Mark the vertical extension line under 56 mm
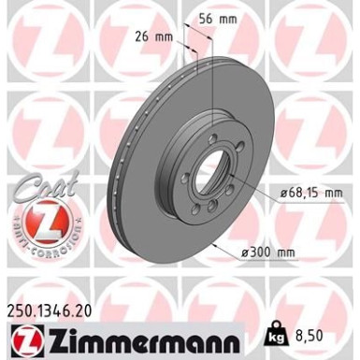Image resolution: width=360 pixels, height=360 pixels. (214, 84)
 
